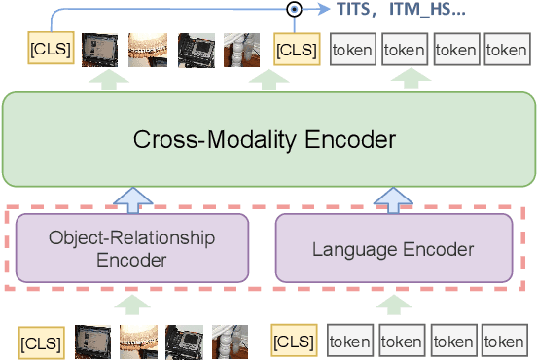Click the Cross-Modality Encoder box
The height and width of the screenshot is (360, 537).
268,139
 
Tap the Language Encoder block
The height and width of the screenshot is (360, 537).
393,249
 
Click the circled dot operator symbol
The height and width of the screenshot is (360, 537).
293,10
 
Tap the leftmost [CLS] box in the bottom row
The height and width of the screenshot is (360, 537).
41,342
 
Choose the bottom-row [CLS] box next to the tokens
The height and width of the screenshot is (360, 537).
295,342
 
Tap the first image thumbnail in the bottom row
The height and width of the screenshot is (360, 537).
91,342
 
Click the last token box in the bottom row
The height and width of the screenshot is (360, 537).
504,342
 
